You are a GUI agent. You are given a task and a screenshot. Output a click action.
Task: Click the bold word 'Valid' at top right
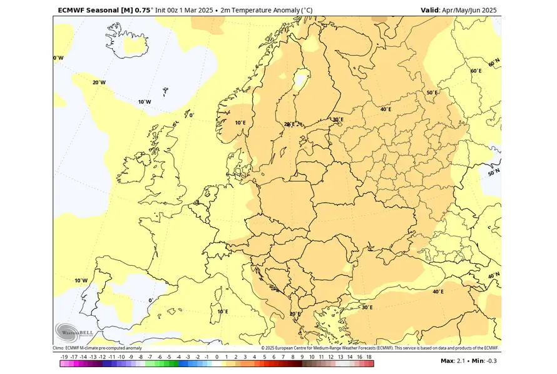[x=430, y=10]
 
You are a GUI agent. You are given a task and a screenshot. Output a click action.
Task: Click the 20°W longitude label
[x=99, y=83]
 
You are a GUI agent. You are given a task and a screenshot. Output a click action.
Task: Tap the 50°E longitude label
[x=432, y=93]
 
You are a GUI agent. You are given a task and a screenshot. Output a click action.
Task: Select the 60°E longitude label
[x=476, y=71]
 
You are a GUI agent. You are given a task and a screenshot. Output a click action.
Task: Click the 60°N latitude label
[x=494, y=64]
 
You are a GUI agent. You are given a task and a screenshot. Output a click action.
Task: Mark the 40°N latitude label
[x=494, y=275]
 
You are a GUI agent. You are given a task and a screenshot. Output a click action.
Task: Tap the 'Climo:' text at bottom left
[x=58, y=348]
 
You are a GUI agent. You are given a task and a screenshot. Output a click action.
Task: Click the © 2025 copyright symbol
[x=263, y=348]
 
